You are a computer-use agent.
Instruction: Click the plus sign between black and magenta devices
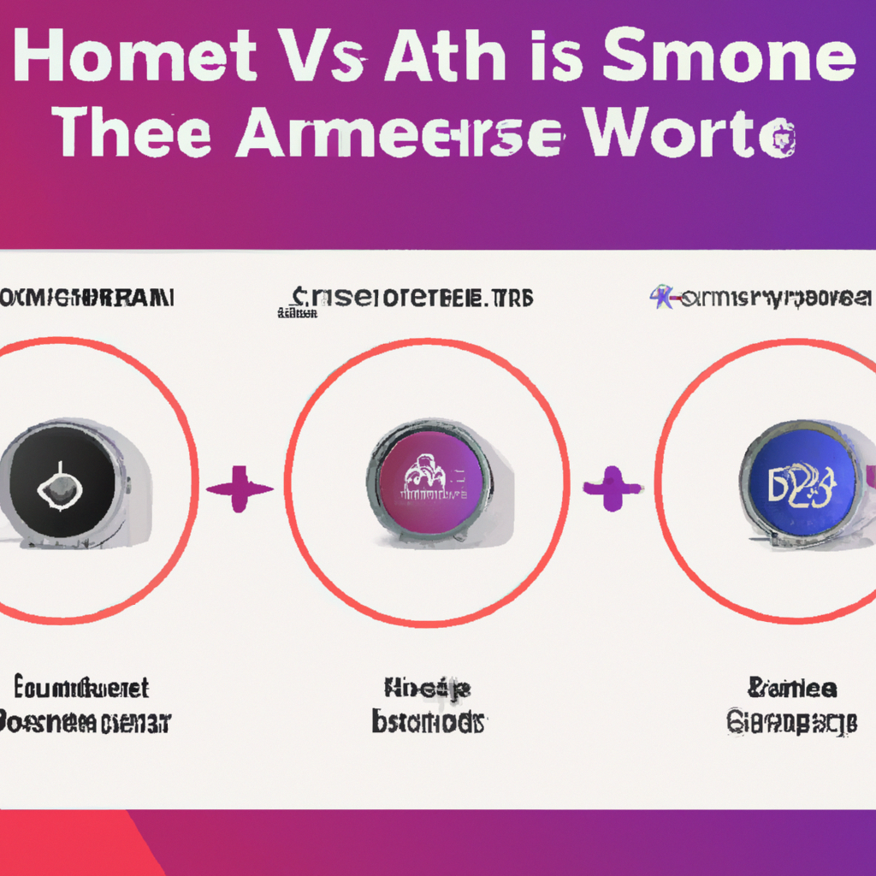(x=239, y=488)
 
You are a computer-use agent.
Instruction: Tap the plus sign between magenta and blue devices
(x=612, y=488)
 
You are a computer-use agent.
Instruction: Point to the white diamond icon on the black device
(x=58, y=488)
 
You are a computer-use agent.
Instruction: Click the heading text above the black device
(x=86, y=299)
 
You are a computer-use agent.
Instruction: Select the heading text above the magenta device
(x=411, y=299)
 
